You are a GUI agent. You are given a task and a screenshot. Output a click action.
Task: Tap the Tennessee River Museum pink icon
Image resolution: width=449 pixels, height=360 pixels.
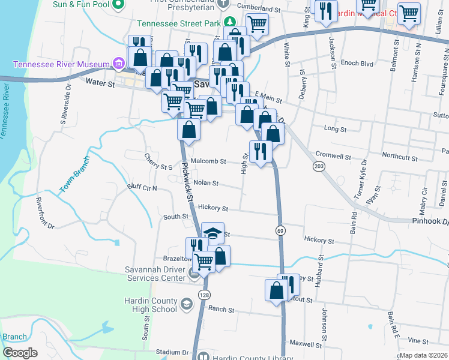[x=119, y=64]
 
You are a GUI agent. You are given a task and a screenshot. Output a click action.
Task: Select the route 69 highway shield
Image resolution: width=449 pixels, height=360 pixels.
[x=280, y=230]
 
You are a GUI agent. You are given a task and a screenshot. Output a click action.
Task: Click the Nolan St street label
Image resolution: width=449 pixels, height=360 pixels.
[x=205, y=183]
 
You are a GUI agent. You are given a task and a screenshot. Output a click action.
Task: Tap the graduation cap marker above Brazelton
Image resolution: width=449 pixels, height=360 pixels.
[x=212, y=233]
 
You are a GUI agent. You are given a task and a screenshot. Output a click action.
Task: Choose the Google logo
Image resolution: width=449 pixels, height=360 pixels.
[x=20, y=353]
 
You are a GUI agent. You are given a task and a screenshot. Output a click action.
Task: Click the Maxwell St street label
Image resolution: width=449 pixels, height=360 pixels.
[x=306, y=344]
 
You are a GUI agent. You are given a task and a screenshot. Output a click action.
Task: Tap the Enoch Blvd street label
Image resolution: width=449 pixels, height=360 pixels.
[x=357, y=63]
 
